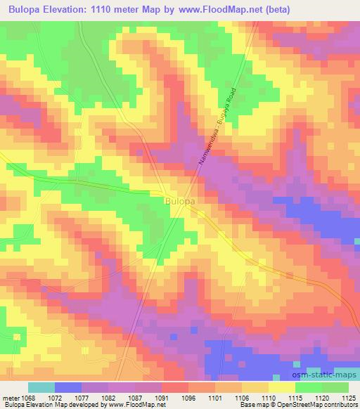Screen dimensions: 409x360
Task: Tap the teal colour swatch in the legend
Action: pos(41,387)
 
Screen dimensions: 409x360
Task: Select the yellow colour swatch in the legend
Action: pos(282,387)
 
